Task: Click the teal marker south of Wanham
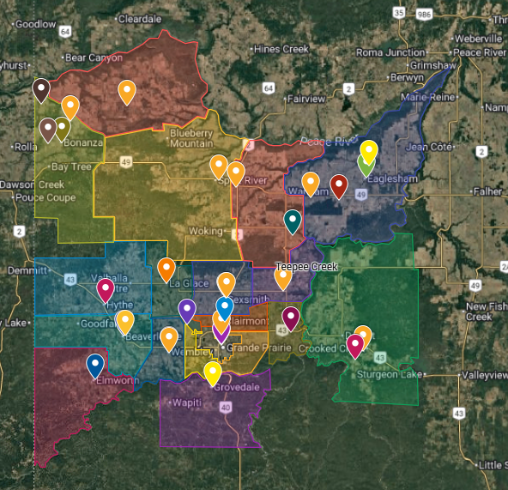[293, 221]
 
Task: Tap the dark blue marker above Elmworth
[95, 366]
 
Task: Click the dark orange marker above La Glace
[166, 269]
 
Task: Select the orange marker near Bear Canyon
[127, 91]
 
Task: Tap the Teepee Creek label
[306, 267]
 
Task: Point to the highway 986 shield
[422, 14]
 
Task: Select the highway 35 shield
[397, 13]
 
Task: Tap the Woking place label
[204, 231]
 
